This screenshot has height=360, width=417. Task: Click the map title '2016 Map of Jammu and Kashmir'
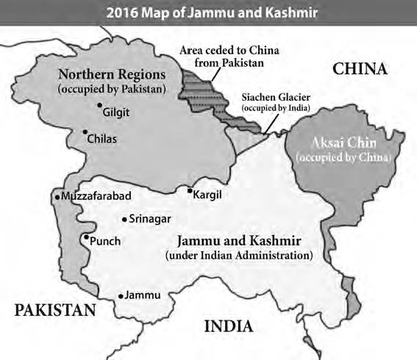click(x=208, y=12)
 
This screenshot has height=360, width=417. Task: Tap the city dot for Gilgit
click(x=99, y=106)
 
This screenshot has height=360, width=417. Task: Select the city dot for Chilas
click(x=84, y=133)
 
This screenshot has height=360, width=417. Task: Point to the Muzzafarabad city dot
click(x=57, y=197)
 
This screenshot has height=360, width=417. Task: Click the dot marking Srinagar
click(x=124, y=218)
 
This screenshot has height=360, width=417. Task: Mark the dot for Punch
click(x=86, y=237)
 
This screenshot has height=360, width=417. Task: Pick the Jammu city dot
click(x=121, y=296)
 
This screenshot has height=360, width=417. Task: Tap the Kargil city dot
click(x=189, y=191)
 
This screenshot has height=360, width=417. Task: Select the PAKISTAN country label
click(x=56, y=310)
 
